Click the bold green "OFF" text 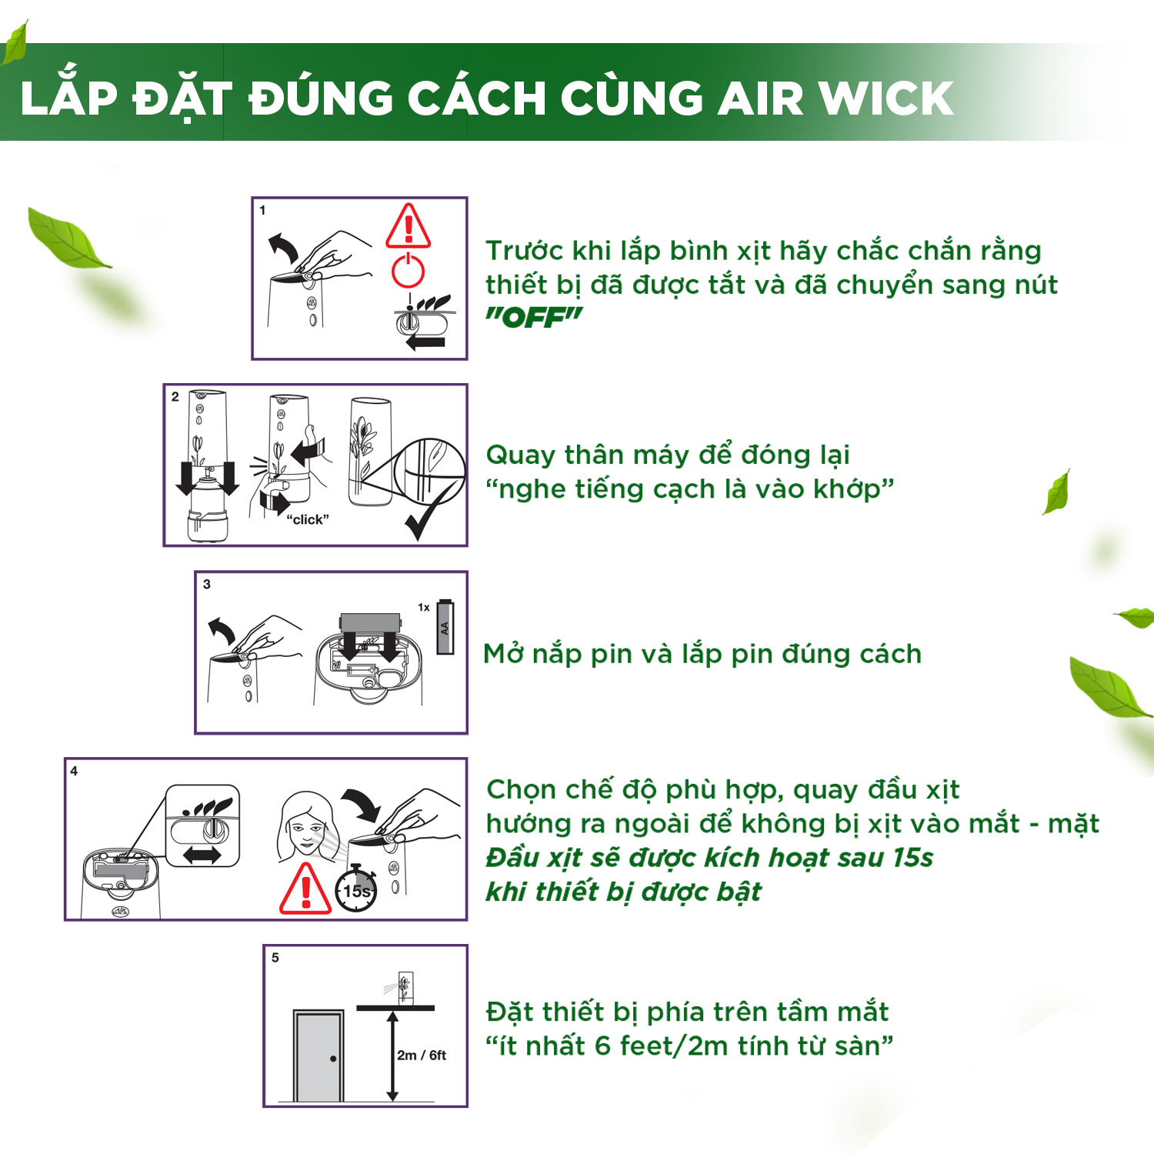534,317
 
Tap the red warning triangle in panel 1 409,225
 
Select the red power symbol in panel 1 409,270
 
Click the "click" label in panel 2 308,519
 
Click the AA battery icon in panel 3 445,627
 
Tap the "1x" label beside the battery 424,607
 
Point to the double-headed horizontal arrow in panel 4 202,855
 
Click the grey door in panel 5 319,1056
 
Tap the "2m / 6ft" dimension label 422,1056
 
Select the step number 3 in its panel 207,584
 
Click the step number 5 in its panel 275,958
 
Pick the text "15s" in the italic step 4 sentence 912,857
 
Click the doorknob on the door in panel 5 333,1059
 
